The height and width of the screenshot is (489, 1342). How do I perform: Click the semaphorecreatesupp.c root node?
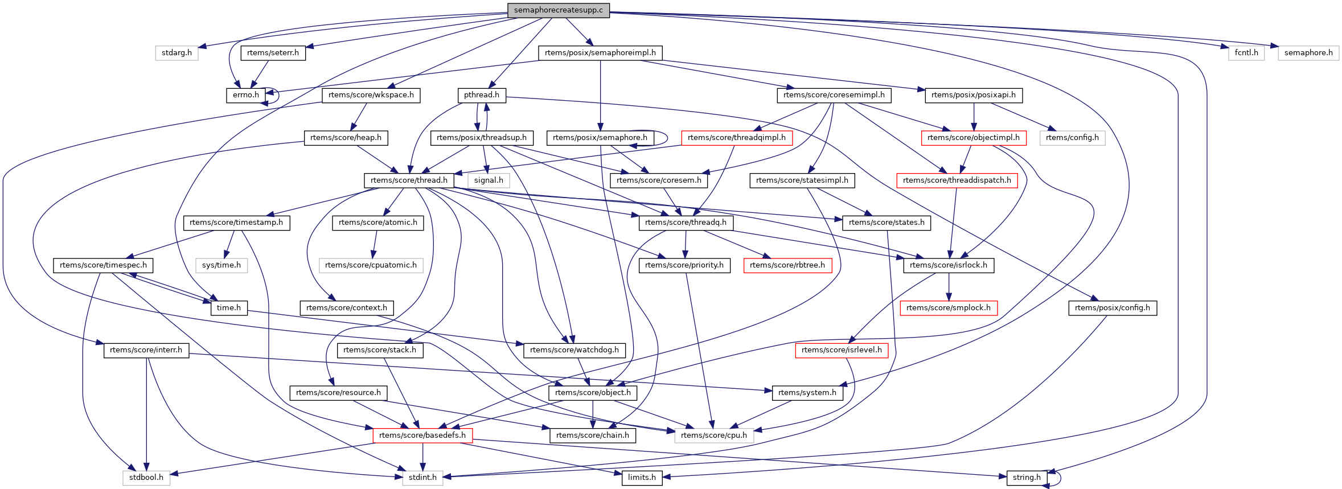point(558,10)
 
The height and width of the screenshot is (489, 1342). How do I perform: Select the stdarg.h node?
point(177,53)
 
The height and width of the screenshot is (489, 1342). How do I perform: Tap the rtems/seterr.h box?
point(273,53)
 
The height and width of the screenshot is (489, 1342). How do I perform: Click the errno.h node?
point(246,95)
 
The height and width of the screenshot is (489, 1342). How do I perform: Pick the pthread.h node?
point(481,95)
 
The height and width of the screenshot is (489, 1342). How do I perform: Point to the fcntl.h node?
point(1246,53)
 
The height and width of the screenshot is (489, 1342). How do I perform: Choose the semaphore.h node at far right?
point(1308,53)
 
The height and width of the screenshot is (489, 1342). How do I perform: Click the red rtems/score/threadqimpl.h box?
point(736,138)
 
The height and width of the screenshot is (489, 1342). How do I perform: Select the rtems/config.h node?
point(1072,138)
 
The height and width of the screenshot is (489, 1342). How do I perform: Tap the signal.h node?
point(489,180)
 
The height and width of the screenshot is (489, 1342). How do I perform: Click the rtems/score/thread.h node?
point(409,180)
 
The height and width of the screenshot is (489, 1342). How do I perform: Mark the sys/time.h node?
point(221,265)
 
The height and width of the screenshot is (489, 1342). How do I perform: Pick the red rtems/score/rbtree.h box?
point(787,265)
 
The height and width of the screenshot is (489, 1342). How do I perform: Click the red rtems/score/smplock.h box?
point(948,308)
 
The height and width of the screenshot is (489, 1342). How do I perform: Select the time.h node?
point(229,308)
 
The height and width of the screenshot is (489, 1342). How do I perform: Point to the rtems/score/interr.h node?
point(146,350)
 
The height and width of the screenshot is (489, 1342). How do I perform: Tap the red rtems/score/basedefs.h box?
point(422,435)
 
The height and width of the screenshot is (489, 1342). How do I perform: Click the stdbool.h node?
point(146,478)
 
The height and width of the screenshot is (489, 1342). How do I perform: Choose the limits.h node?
point(642,478)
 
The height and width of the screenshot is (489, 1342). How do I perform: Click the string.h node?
point(1027,478)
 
